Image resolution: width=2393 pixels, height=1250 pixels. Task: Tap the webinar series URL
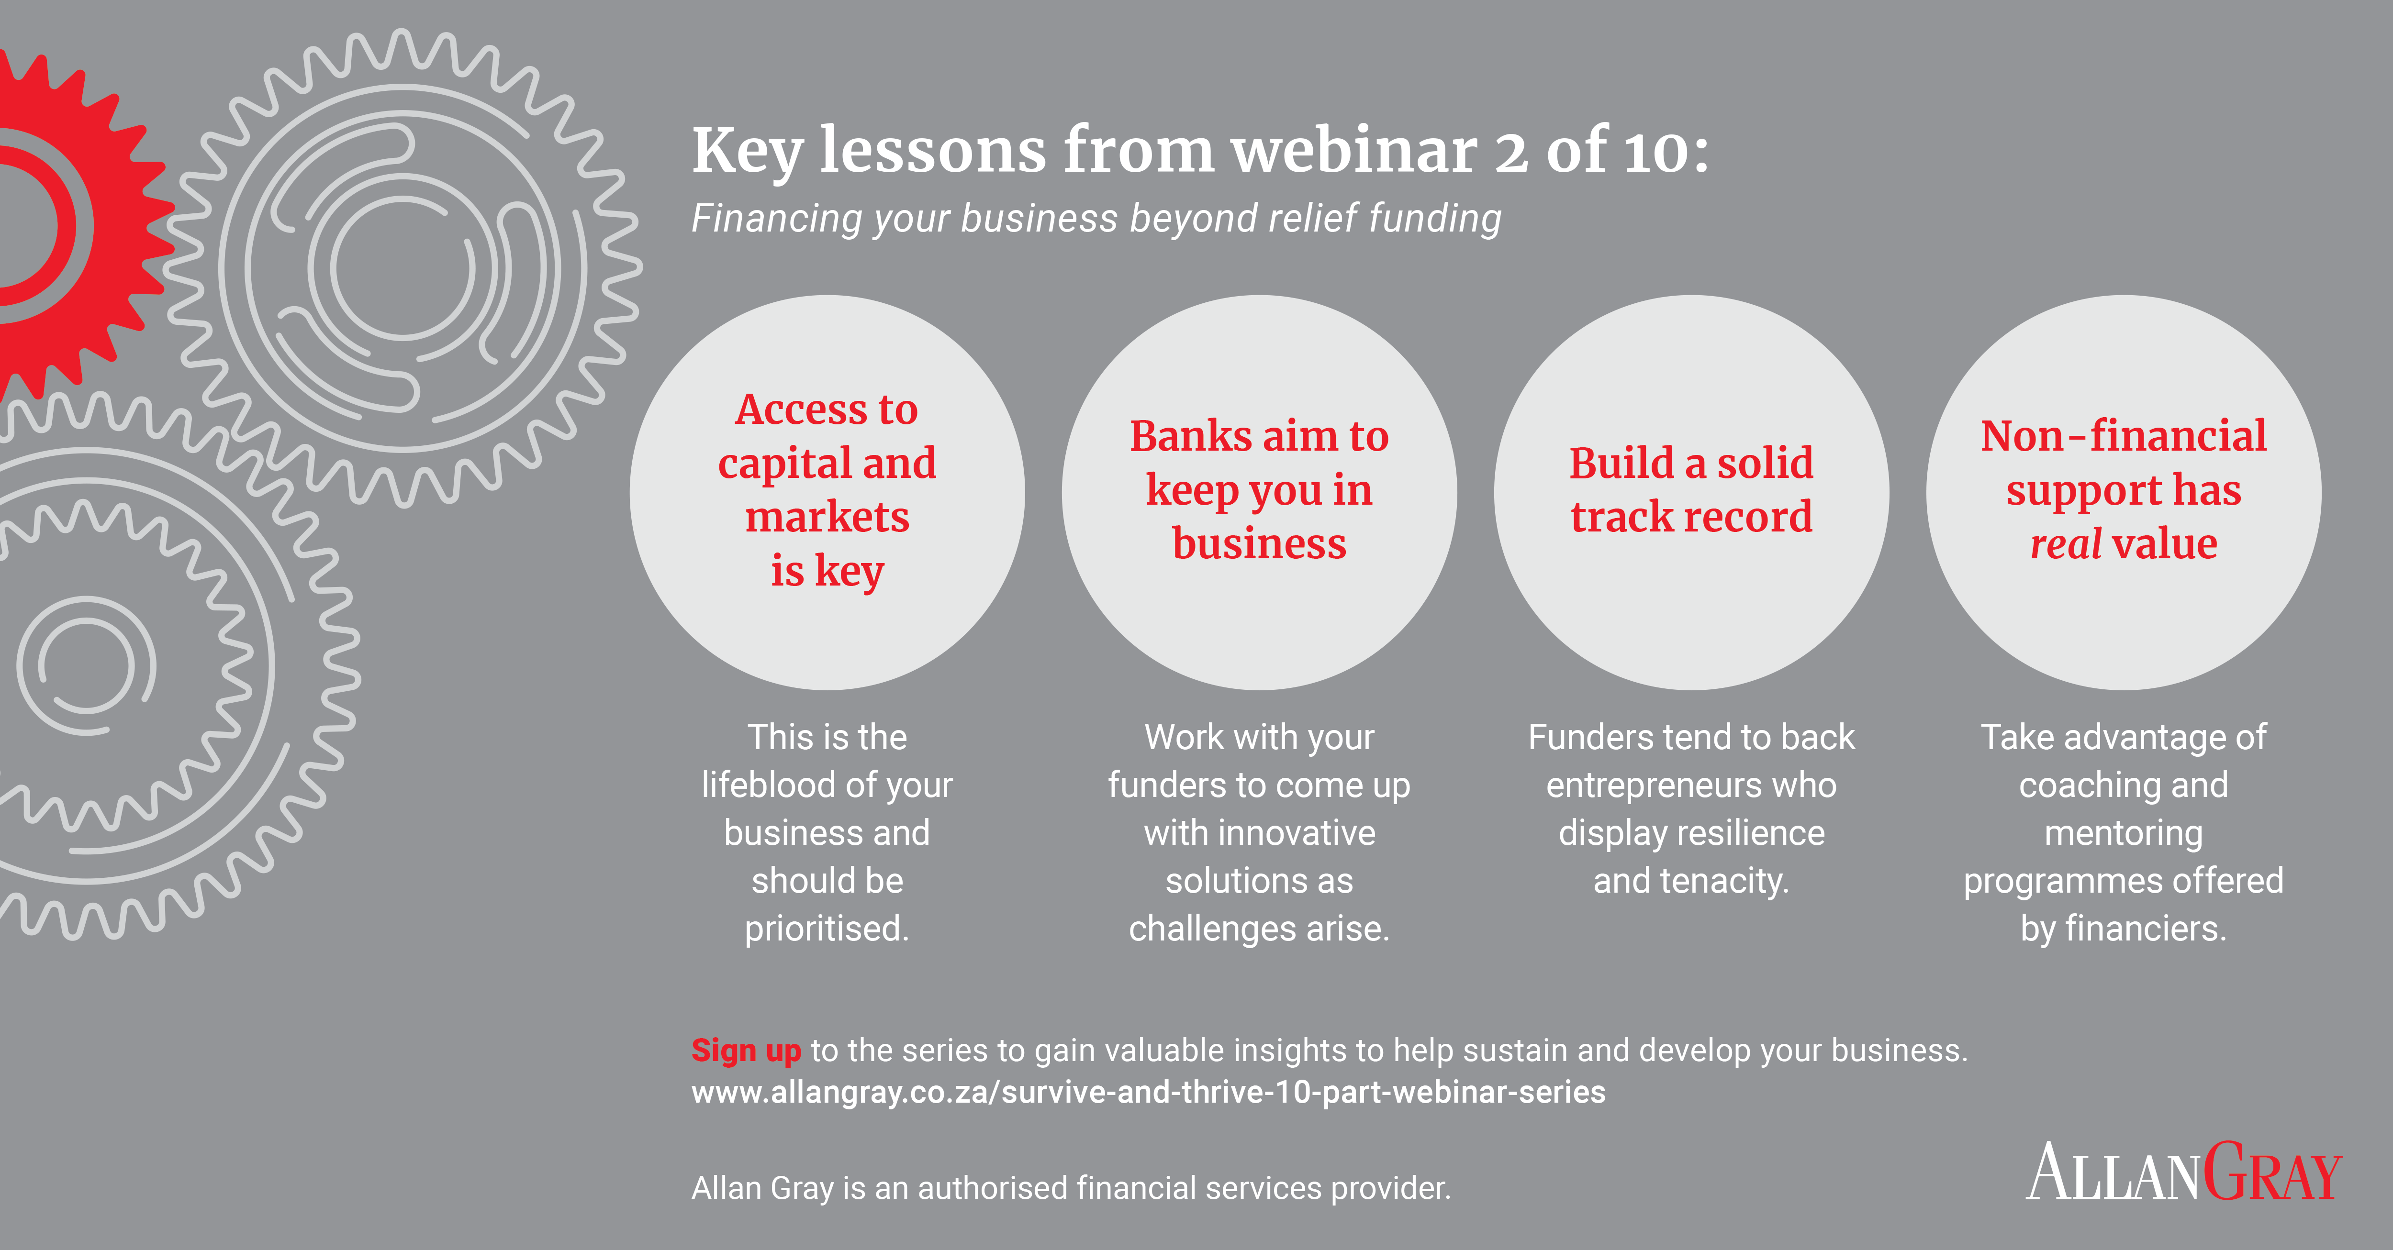(1148, 1092)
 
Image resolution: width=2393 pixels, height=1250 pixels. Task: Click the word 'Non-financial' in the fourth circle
(2124, 435)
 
